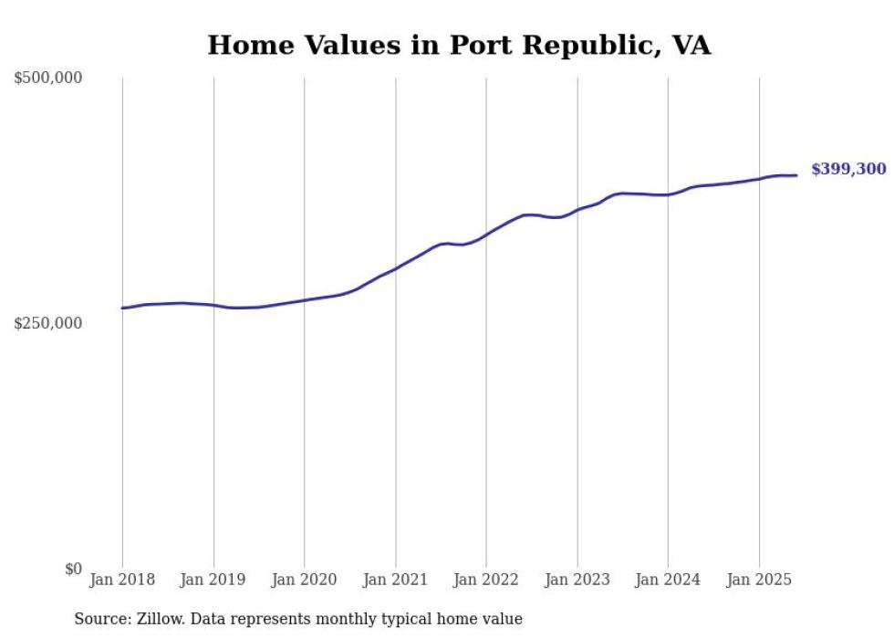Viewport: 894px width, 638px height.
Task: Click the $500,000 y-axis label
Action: coord(48,78)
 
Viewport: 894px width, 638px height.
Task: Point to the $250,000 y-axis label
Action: coord(48,323)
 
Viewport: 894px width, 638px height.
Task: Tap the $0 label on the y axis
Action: coord(73,569)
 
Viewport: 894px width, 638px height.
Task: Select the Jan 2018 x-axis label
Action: coord(122,580)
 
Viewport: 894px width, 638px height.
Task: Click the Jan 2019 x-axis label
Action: coord(213,580)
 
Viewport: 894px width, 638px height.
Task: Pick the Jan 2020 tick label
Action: coord(304,580)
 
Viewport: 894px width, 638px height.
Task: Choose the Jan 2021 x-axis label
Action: coord(395,580)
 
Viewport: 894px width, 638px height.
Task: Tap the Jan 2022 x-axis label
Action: coord(486,580)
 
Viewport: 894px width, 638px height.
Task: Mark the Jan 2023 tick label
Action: coord(577,580)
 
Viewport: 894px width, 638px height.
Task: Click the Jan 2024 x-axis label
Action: coord(668,580)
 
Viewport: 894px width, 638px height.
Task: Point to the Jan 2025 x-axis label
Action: coord(759,580)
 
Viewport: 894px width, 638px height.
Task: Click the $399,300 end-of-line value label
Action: coord(848,170)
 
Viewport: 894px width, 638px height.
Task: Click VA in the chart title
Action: coord(691,45)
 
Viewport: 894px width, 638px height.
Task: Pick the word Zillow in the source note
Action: coord(159,619)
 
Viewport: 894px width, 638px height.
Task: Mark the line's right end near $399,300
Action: coord(796,175)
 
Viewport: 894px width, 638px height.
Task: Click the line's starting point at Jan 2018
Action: coord(122,308)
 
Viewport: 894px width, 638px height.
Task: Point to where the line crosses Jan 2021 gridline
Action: coord(395,268)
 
